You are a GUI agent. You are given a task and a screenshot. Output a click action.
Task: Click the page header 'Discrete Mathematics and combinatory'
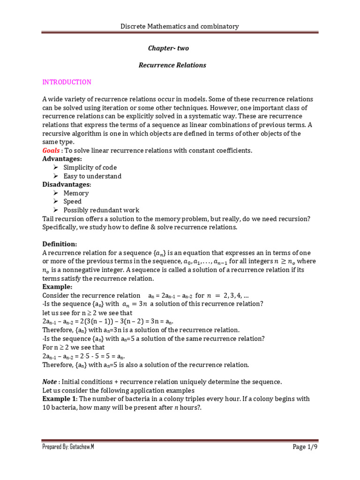pos(180,27)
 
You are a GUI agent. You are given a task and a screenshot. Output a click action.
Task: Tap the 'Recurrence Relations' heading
pos(172,65)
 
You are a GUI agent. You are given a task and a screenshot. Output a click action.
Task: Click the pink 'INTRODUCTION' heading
pos(67,82)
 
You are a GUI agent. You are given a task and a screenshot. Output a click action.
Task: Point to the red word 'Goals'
pos(51,150)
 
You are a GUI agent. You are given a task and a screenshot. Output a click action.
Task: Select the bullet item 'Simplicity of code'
pos(90,167)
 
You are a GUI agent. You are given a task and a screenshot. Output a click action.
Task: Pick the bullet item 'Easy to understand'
pos(92,176)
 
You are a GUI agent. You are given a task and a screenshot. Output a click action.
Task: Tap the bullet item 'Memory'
pos(76,193)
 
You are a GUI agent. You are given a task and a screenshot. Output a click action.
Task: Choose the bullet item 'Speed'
pos(73,202)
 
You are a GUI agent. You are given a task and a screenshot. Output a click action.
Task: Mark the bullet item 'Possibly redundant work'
pos(101,210)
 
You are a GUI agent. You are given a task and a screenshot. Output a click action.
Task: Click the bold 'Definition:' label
pos(60,244)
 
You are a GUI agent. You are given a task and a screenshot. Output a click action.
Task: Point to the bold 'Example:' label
pos(58,286)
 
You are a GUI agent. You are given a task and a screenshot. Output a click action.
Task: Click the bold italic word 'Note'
pos(50,382)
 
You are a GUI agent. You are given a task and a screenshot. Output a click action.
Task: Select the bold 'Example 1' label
pos(60,399)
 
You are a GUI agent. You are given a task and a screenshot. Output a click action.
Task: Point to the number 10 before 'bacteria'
pos(46,407)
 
